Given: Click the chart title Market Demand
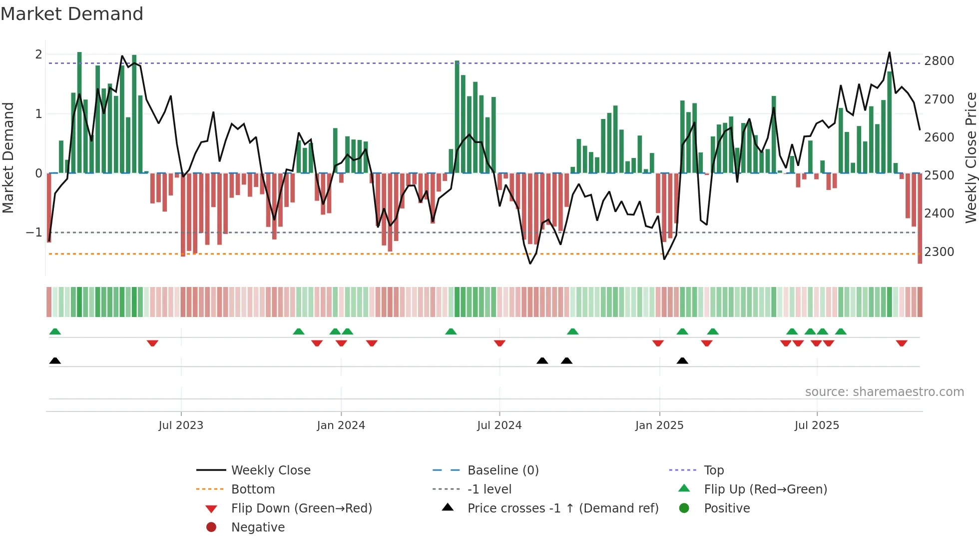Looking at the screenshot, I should (x=72, y=14).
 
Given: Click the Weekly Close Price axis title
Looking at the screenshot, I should (x=971, y=157).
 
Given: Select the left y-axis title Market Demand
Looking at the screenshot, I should (x=8, y=157).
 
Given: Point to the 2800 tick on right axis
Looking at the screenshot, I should (x=939, y=61).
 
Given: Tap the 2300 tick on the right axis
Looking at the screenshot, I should (x=939, y=252).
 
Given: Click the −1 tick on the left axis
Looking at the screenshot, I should (x=34, y=232).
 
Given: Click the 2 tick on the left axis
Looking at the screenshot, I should (x=38, y=54).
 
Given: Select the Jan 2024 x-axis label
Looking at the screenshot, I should (x=341, y=425).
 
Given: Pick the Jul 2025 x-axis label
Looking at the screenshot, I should (x=817, y=425).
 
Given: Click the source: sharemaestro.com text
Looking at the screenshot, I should (x=884, y=392).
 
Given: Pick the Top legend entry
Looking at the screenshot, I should (x=714, y=470).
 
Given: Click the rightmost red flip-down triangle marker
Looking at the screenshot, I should (x=902, y=343).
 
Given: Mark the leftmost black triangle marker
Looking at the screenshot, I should (x=55, y=360).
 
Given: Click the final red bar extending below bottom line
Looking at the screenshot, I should (x=920, y=220).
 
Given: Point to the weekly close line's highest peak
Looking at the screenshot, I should (x=889, y=52).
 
